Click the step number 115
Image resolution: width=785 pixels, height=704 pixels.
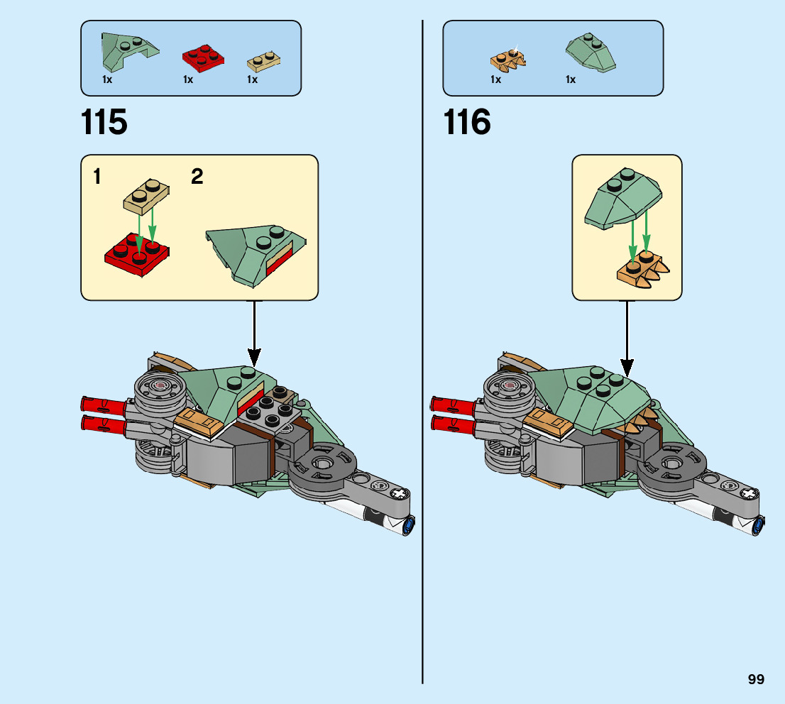[104, 123]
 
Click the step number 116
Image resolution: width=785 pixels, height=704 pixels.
[466, 123]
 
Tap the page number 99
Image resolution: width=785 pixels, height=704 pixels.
[756, 679]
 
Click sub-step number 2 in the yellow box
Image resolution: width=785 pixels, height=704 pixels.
[197, 177]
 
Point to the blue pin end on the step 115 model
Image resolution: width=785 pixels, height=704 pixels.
[409, 526]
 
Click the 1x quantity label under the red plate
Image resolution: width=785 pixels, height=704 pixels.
[188, 80]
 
